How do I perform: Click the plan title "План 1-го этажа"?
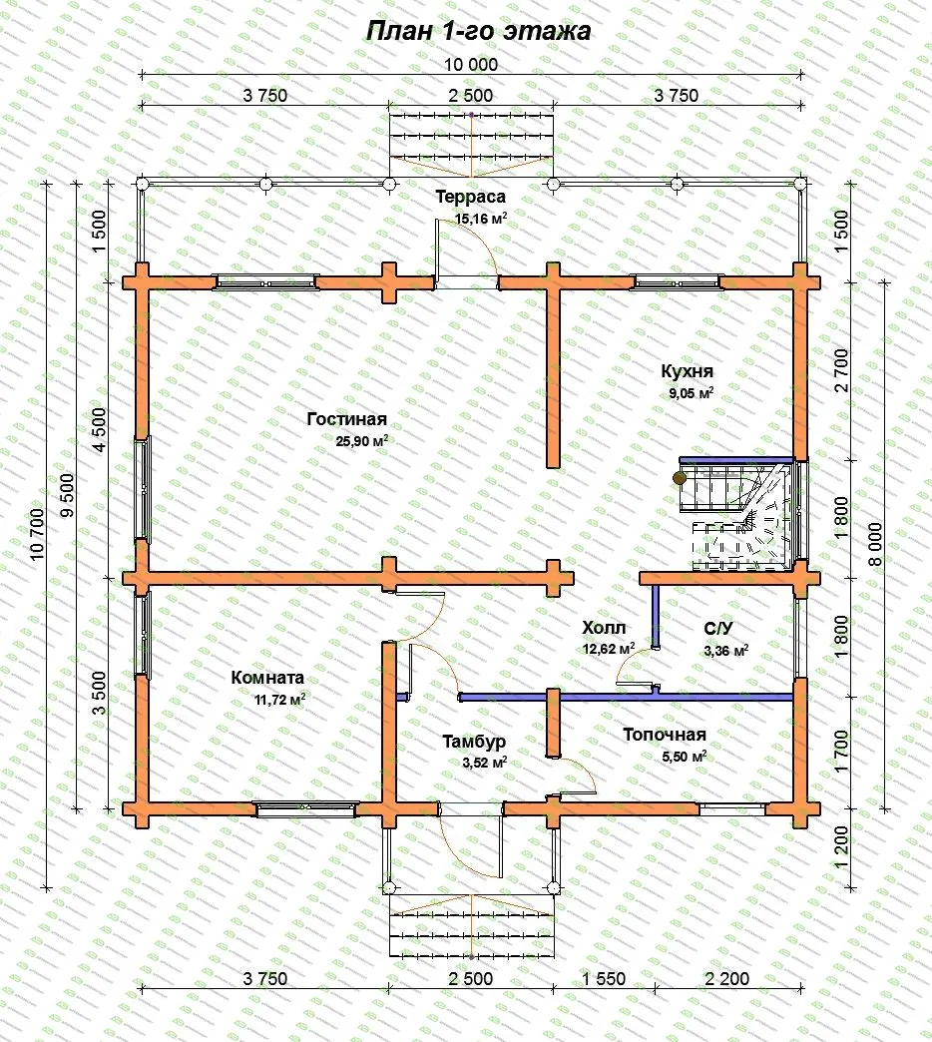[478, 31]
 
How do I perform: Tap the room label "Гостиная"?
[347, 419]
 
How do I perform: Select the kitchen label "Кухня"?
[687, 371]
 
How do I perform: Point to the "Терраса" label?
[470, 197]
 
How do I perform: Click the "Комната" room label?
[267, 678]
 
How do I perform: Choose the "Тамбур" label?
[474, 742]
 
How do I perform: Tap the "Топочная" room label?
[665, 735]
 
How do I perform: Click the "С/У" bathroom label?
[718, 629]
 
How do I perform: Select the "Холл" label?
[604, 628]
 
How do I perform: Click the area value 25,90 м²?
[361, 440]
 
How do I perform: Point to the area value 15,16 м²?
[481, 218]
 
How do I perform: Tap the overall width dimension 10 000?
[471, 65]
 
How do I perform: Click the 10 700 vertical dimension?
[37, 534]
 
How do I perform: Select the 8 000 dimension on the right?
[876, 544]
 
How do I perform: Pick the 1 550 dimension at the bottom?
[604, 979]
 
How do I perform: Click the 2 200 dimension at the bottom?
[726, 979]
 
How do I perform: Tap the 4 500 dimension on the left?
[99, 430]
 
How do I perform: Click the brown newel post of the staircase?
[680, 478]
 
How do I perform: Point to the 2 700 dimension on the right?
[841, 370]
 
